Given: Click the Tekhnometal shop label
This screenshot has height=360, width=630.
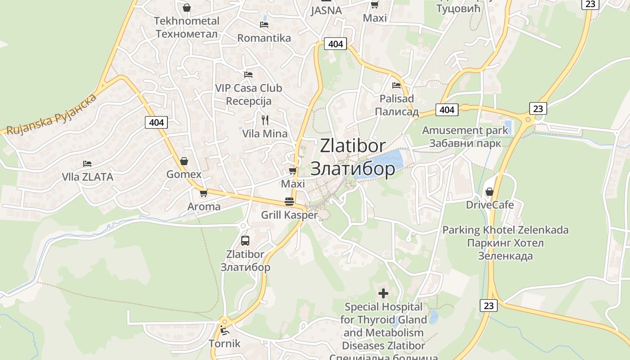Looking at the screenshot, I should (x=186, y=27).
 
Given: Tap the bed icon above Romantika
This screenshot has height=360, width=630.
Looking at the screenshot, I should (x=264, y=25).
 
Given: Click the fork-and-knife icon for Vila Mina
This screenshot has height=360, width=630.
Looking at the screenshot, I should (x=265, y=120).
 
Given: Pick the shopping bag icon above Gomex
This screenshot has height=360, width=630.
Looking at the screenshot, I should (x=184, y=161).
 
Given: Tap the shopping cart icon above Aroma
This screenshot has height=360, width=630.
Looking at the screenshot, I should (x=203, y=193).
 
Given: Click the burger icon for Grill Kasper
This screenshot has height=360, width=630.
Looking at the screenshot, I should (x=289, y=202).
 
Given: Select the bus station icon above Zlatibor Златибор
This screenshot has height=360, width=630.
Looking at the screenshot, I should (x=245, y=240).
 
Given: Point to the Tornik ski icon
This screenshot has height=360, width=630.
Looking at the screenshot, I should (x=224, y=331).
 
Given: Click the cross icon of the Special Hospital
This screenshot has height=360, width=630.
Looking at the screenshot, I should (x=383, y=294).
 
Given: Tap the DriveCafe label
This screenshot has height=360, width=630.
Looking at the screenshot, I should (x=490, y=205).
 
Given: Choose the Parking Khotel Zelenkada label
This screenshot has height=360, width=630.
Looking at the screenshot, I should (x=505, y=243).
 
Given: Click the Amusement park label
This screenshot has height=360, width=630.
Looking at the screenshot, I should (x=465, y=137).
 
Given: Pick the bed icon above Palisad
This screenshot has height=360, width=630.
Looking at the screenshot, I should (x=396, y=85).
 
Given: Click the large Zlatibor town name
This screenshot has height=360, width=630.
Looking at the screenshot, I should (x=353, y=157).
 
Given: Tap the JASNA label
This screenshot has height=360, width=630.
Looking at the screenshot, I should (x=326, y=10).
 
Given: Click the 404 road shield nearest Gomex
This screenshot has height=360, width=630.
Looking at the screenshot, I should (x=156, y=122).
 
